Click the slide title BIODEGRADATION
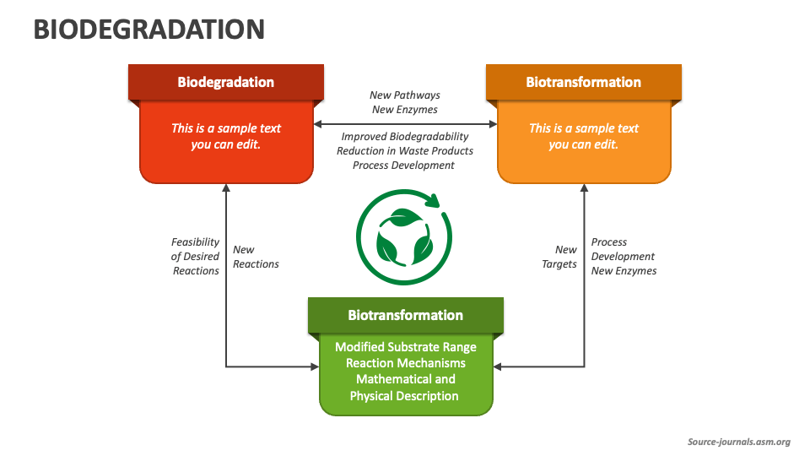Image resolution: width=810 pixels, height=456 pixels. coord(148,30)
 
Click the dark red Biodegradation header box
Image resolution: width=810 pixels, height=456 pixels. coord(225,82)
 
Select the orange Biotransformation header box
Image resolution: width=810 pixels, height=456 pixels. coord(583,82)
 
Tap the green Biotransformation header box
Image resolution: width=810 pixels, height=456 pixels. coord(405,315)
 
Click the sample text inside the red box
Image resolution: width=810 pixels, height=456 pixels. coord(225,136)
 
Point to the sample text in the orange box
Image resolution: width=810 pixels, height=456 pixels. coord(583,136)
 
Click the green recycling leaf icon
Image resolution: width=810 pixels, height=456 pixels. coord(404,239)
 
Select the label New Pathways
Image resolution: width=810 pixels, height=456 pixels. coord(405,95)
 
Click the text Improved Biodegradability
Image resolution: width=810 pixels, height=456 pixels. coord(405,136)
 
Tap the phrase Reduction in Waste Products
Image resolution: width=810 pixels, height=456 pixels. coord(405,150)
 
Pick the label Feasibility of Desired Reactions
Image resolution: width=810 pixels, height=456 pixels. coord(196,256)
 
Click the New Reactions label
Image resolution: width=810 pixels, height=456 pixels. coord(256,257)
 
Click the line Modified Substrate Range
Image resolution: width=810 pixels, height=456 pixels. coord(405,347)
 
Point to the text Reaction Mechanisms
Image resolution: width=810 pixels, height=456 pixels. coord(405,363)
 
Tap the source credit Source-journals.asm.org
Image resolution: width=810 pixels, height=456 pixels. coord(738,442)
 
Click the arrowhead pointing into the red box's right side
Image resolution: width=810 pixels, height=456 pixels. coord(317,124)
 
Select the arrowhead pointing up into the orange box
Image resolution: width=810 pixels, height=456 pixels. coord(584,188)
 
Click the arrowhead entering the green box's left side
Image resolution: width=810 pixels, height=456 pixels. coord(315,366)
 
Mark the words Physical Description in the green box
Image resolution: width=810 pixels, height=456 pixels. coord(405,396)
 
